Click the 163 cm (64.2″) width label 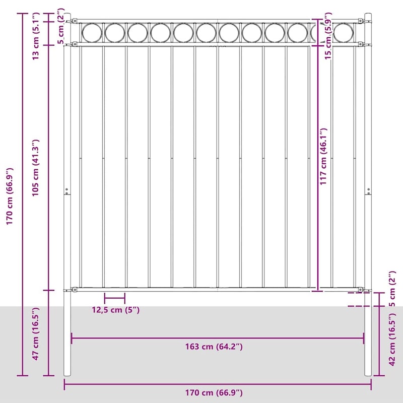(214, 347)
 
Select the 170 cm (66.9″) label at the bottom (214, 393)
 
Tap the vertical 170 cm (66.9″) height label (10, 196)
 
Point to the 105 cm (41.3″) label (35, 168)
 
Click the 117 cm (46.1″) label (323, 157)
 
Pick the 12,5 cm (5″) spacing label (116, 310)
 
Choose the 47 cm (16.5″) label (35, 333)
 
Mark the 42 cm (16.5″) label (392, 339)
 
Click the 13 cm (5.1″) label (35, 36)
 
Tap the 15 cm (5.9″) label (328, 36)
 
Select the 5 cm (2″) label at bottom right (392, 289)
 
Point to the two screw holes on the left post (66, 191)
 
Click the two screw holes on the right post (369, 191)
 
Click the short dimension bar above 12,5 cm (115, 298)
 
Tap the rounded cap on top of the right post (368, 15)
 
